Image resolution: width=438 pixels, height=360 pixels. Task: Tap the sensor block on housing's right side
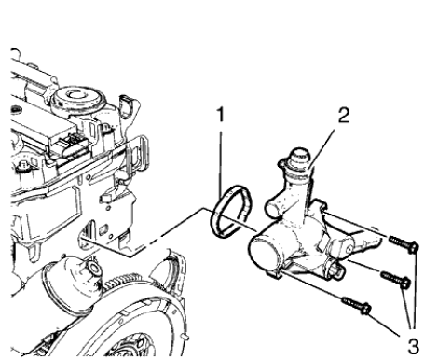(x=340, y=243)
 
